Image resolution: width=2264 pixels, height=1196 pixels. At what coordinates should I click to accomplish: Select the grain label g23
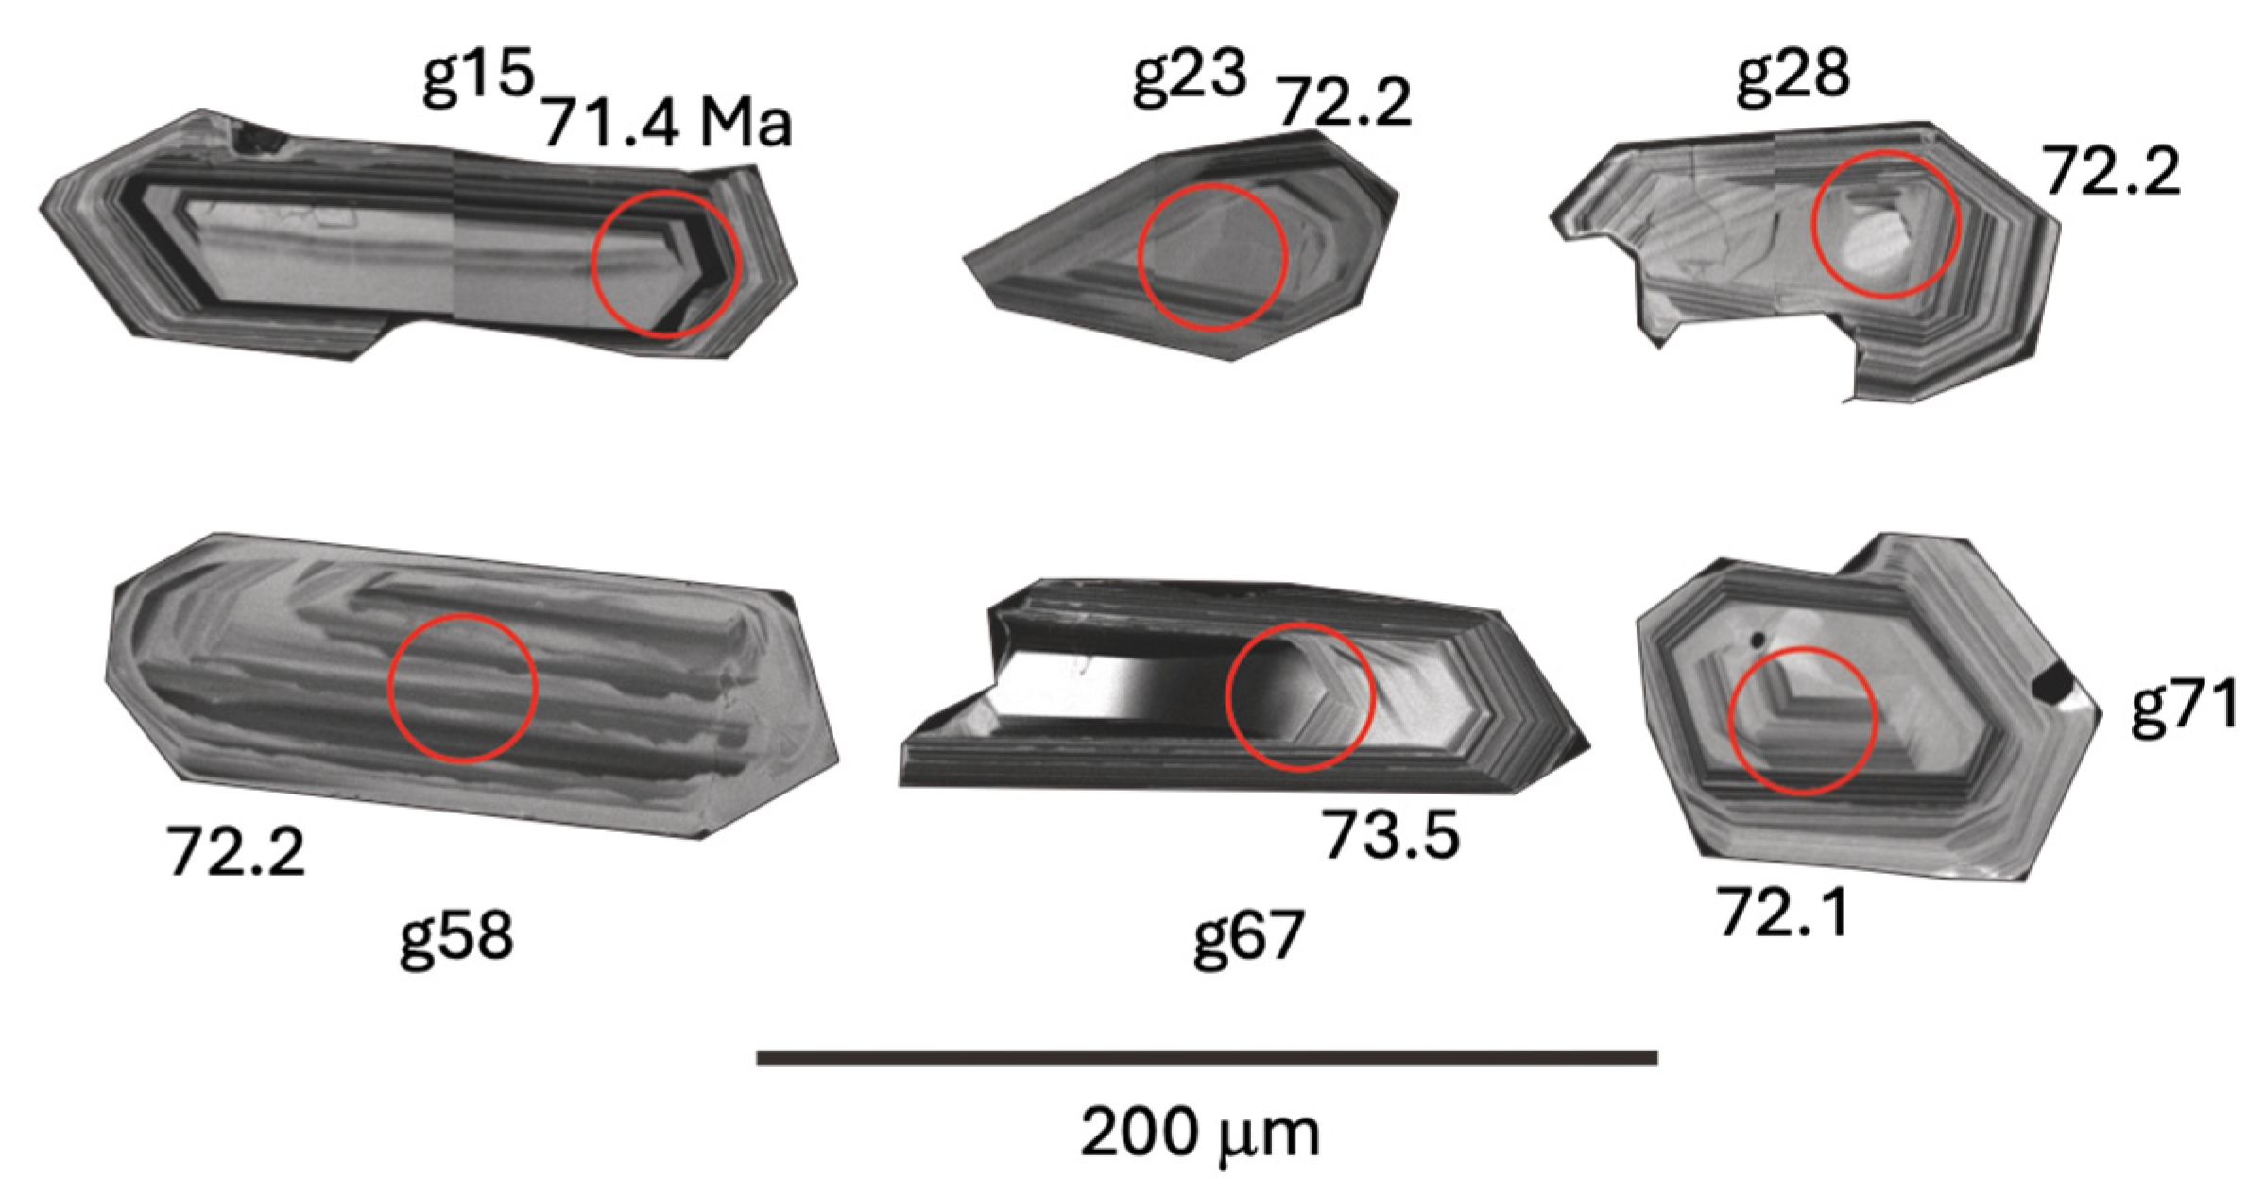point(1190,77)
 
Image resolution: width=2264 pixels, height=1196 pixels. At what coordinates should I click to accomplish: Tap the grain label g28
point(1792,77)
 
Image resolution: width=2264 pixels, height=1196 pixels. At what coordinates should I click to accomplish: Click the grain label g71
point(2184,709)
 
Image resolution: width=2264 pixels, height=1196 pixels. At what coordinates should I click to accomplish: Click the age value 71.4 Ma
point(667,124)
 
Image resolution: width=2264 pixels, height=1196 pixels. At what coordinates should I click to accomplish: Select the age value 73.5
point(1390,835)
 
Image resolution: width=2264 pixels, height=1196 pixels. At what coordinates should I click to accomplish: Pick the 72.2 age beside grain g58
point(236,851)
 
